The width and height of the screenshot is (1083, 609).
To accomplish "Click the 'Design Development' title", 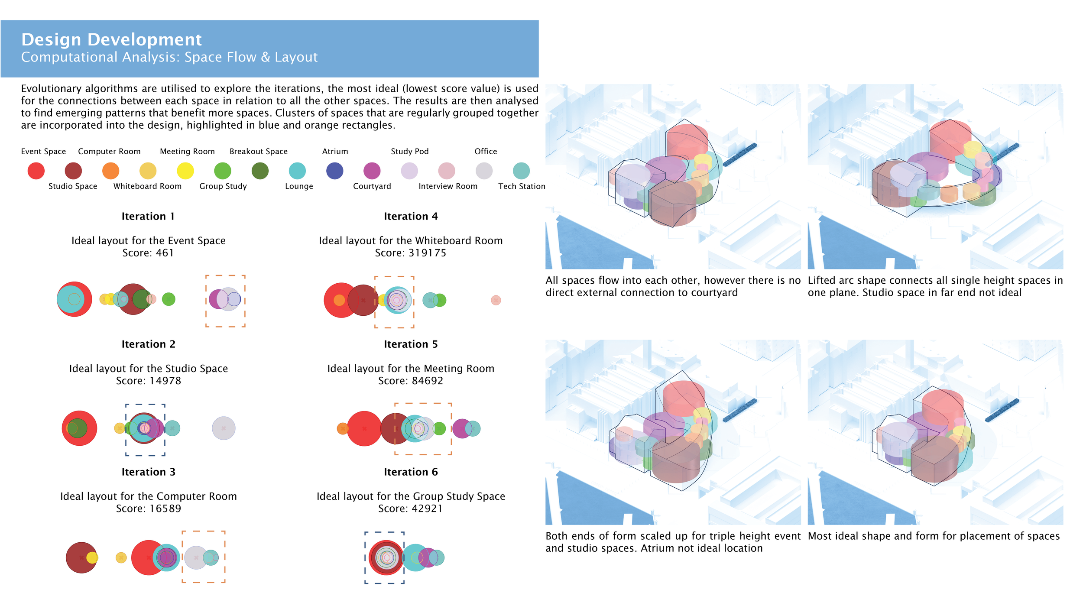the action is click(x=111, y=39).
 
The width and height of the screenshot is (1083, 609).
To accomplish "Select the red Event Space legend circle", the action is click(x=36, y=171).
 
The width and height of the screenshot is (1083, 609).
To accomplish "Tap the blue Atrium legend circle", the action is click(x=334, y=171).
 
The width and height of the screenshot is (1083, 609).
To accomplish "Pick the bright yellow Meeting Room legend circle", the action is click(x=185, y=171).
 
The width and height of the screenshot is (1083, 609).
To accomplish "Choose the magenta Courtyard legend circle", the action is click(x=372, y=171).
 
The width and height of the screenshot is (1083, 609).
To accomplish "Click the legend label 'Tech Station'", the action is click(x=522, y=186).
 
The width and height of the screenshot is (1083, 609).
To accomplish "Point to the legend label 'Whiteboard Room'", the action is click(x=147, y=186).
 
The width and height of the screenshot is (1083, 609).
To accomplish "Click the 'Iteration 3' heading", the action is click(x=148, y=472).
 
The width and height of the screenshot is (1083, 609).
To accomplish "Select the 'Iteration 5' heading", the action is click(x=411, y=344).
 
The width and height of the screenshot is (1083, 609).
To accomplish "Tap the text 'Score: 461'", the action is click(x=148, y=253).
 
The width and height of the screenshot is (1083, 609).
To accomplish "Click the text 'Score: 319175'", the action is click(x=411, y=253).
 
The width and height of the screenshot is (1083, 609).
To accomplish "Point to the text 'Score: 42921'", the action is click(x=411, y=509).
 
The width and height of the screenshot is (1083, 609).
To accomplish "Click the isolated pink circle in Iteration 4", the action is click(x=496, y=300).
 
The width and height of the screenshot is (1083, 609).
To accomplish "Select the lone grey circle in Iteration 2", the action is click(x=224, y=428).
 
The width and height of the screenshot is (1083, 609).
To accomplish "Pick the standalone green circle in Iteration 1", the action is click(x=169, y=299).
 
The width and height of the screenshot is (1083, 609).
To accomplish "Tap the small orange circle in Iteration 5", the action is click(x=342, y=429).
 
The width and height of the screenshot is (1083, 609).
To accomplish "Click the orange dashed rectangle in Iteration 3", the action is click(x=182, y=557).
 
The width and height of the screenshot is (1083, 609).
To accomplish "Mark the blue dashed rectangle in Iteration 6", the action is click(x=365, y=558).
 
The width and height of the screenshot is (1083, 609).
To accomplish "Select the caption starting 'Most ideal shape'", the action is click(x=934, y=536).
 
